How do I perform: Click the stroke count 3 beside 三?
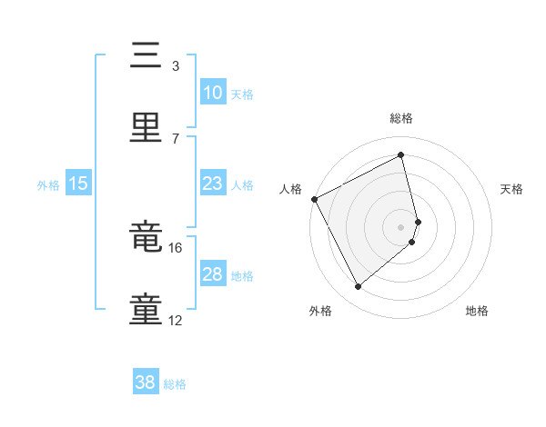tap(176, 65)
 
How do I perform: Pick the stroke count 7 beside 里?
tap(176, 138)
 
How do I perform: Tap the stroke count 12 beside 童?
tap(176, 321)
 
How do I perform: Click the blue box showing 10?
tap(212, 93)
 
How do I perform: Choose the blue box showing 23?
tap(212, 184)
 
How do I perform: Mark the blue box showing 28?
tap(212, 274)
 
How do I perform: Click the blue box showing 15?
tap(78, 184)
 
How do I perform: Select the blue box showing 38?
tap(146, 383)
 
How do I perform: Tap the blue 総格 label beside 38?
tap(176, 384)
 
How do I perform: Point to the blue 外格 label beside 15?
tap(48, 184)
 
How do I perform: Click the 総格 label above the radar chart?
tap(401, 118)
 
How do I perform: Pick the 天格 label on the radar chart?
tap(512, 189)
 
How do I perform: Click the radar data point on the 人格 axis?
tap(314, 199)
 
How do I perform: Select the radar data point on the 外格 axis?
tap(358, 287)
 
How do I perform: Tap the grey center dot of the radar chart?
tap(401, 226)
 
